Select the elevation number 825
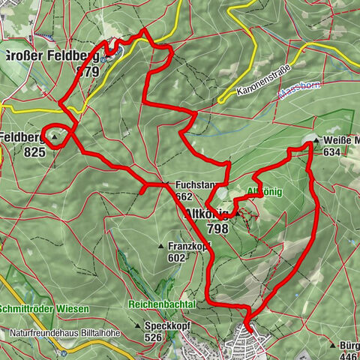pyautogui.click(x=34, y=151)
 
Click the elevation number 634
pyautogui.click(x=331, y=151)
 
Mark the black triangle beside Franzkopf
pyautogui.click(x=161, y=246)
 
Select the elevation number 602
pyautogui.click(x=177, y=257)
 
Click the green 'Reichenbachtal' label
pyautogui.click(x=162, y=304)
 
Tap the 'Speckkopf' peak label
pyautogui.click(x=163, y=326)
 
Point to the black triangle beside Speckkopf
pyautogui.click(x=138, y=326)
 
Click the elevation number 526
pyautogui.click(x=153, y=337)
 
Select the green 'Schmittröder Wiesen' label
pyautogui.click(x=45, y=309)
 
